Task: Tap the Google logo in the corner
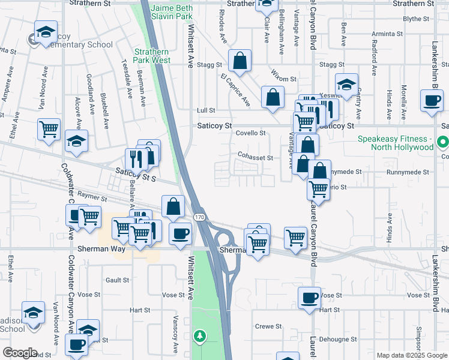point(20,353)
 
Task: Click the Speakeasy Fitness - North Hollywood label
point(395,142)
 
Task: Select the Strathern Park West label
point(152,56)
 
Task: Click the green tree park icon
point(200,337)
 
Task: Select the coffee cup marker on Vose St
point(310,297)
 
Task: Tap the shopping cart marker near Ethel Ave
point(49,128)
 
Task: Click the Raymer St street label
point(92,197)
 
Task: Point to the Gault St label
point(117,280)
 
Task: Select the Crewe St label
point(268,326)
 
